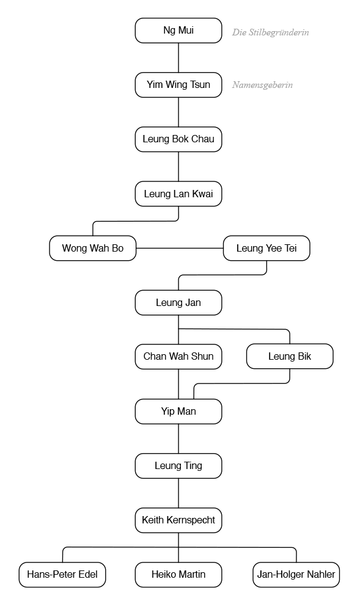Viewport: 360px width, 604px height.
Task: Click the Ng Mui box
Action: (x=178, y=31)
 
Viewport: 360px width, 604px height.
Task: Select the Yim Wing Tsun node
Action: (x=178, y=85)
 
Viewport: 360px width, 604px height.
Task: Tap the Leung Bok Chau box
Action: (x=178, y=139)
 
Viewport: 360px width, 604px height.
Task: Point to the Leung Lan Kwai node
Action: (x=178, y=194)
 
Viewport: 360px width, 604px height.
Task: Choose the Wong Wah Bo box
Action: (x=92, y=248)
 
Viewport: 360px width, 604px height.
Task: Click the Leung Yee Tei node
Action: (x=266, y=248)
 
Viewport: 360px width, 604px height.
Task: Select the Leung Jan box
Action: (x=178, y=303)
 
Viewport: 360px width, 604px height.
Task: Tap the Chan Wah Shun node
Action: (x=178, y=356)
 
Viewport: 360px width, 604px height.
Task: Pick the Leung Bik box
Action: (x=290, y=356)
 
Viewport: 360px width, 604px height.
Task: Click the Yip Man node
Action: (x=178, y=412)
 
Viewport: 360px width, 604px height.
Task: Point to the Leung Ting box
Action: (x=178, y=466)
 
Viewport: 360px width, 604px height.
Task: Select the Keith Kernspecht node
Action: (x=178, y=520)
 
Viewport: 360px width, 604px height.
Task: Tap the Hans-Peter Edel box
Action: (x=62, y=574)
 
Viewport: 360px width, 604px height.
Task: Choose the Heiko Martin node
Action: (x=178, y=574)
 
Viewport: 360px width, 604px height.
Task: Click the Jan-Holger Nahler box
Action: (x=296, y=574)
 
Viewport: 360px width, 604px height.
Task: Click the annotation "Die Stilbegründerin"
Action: (x=270, y=32)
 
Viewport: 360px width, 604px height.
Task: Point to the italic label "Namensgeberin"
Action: (x=262, y=85)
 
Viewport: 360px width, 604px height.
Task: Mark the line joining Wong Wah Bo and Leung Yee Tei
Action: (x=180, y=248)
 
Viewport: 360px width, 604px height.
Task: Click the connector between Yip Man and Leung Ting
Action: (x=178, y=438)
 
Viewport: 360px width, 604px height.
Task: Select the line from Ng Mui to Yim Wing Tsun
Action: (x=178, y=58)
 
